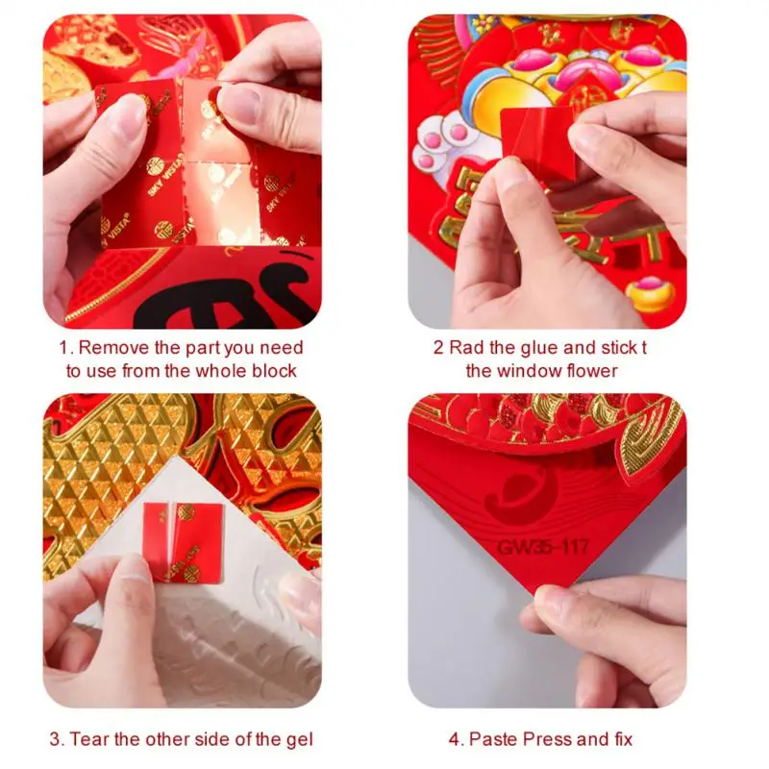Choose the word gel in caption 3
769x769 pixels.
[x=298, y=739]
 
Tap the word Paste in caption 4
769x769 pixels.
[x=491, y=739]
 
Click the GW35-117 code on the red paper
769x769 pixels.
[x=544, y=547]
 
